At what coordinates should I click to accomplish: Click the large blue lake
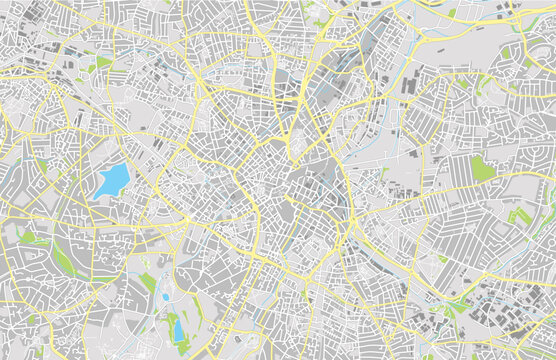point(113,181)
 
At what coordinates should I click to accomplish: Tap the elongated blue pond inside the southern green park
point(178,329)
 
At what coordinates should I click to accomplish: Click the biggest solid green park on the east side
point(484,168)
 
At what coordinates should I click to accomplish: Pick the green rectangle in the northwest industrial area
point(103,62)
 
